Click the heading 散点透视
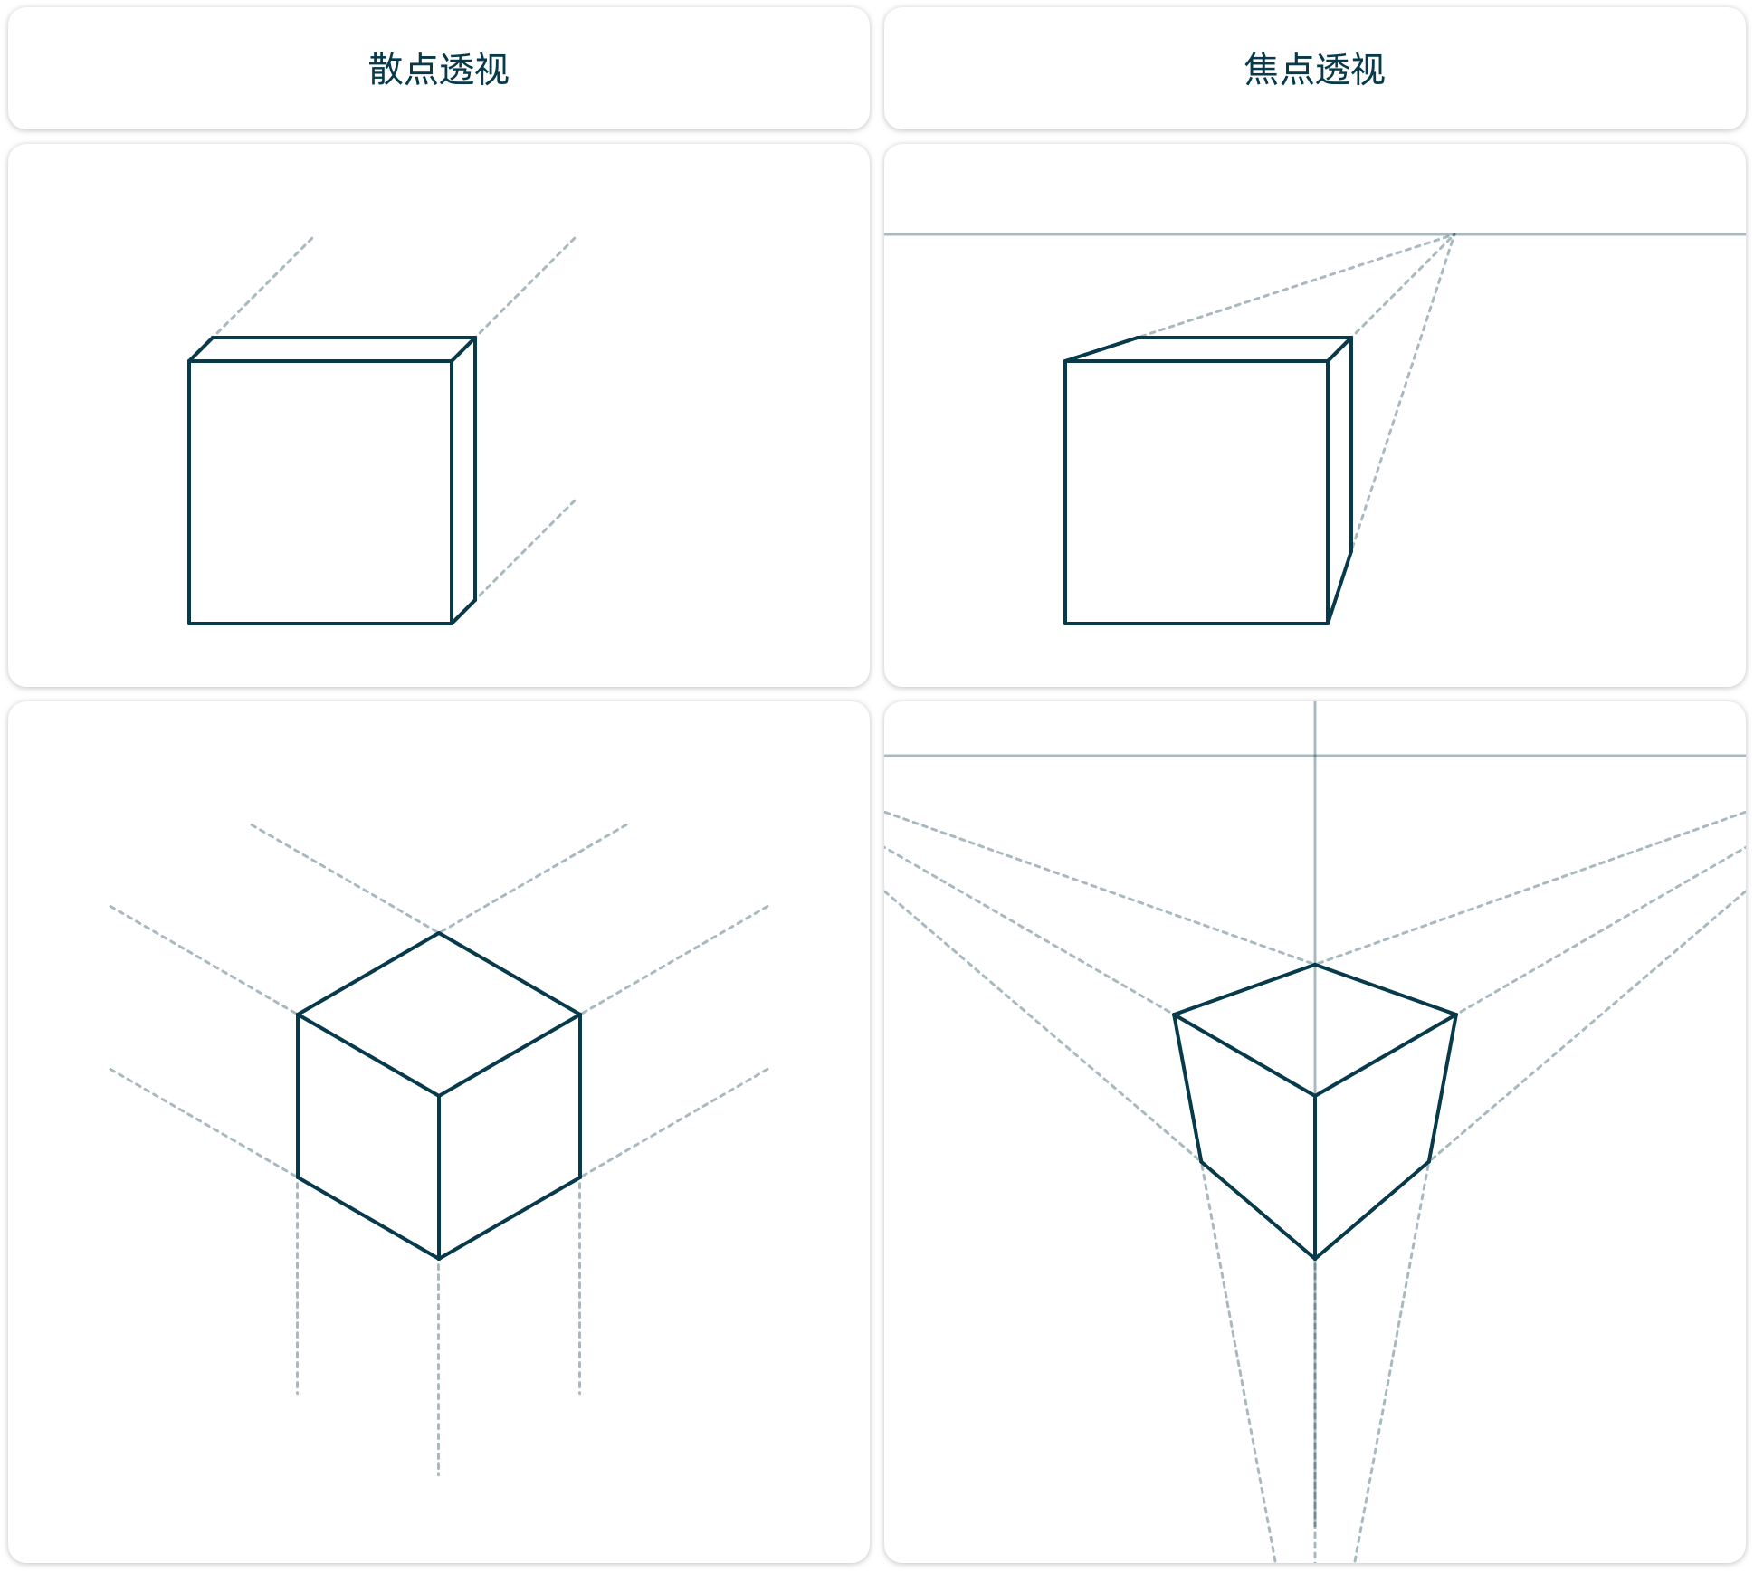coord(439,69)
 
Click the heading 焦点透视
coord(1314,69)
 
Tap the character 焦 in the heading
coord(1261,69)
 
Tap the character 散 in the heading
coord(386,69)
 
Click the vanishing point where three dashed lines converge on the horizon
coord(1453,234)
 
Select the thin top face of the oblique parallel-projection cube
coord(332,349)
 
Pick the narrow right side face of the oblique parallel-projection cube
coord(463,481)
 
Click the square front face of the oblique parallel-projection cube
coord(320,492)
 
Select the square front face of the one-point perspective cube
coord(1196,492)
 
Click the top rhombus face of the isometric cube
coord(439,1015)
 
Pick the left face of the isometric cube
coord(368,1137)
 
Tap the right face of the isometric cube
coord(510,1137)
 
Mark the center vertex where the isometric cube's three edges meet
coord(439,1096)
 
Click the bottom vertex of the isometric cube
coord(439,1259)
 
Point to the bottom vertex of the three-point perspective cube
coord(1315,1259)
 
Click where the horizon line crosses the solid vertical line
coord(1315,755)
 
